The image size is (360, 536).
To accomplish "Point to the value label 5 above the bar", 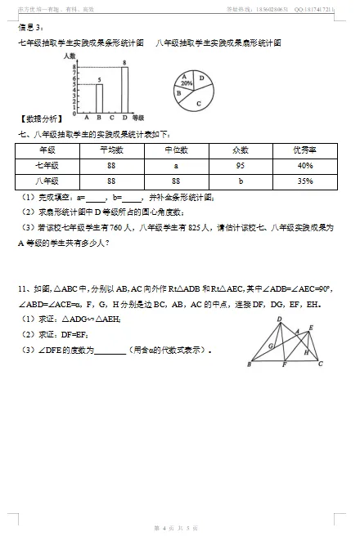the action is click(99, 80).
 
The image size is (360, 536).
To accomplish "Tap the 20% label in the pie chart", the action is click(186, 83).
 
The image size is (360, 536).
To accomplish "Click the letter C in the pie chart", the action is click(199, 103).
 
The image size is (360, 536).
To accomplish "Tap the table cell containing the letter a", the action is click(176, 165).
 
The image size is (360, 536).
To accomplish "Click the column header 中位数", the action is click(176, 150).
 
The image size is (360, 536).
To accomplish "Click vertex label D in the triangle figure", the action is click(279, 319).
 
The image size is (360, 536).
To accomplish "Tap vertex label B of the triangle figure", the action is click(249, 365).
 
